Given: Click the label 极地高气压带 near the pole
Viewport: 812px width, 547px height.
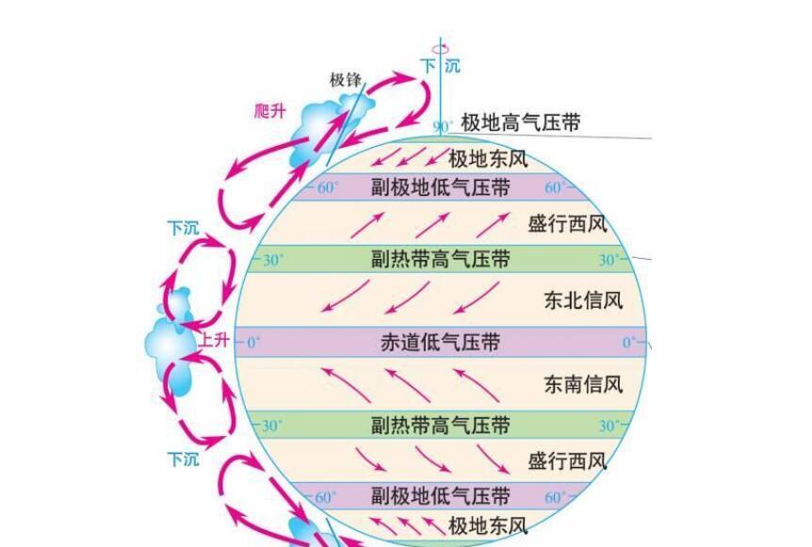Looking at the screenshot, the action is [x=520, y=123].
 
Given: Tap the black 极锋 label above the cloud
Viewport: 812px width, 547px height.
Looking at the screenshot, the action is [x=346, y=80].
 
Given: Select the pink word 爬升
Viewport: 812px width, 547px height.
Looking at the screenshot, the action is [x=269, y=111].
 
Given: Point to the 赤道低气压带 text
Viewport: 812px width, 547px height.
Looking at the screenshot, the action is [x=440, y=342].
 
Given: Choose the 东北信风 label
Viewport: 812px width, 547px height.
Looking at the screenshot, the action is [x=583, y=300].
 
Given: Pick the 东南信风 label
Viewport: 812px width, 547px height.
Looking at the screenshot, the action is [x=583, y=384].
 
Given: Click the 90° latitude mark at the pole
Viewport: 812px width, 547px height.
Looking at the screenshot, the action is [x=442, y=127].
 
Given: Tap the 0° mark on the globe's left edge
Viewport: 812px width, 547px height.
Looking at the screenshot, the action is [x=253, y=342].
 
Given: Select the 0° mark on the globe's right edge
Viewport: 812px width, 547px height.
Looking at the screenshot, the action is [x=629, y=342].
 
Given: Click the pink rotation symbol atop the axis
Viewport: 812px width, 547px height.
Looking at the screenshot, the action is [x=441, y=49].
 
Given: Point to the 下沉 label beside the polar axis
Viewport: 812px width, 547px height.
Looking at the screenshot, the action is [x=440, y=66].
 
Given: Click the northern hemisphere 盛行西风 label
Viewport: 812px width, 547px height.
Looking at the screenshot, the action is [x=567, y=225].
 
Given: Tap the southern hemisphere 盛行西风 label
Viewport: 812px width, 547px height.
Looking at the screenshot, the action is [x=567, y=460].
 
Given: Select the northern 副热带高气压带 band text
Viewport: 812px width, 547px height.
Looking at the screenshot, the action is [x=440, y=259].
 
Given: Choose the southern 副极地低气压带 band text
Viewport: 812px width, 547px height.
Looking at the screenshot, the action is [x=440, y=496].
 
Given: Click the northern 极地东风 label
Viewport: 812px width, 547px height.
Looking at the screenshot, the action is [x=488, y=159].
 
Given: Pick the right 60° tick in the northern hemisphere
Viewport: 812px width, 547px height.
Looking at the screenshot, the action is [x=555, y=187].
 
